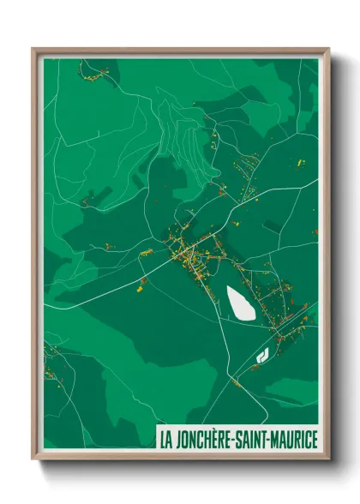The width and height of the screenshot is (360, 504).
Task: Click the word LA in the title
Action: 165,440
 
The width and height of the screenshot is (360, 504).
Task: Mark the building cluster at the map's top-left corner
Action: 93,74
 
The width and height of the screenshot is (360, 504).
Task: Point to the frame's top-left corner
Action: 33,49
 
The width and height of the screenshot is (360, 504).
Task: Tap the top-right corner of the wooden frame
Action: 328,49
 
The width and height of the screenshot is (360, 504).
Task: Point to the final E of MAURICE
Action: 314,440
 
